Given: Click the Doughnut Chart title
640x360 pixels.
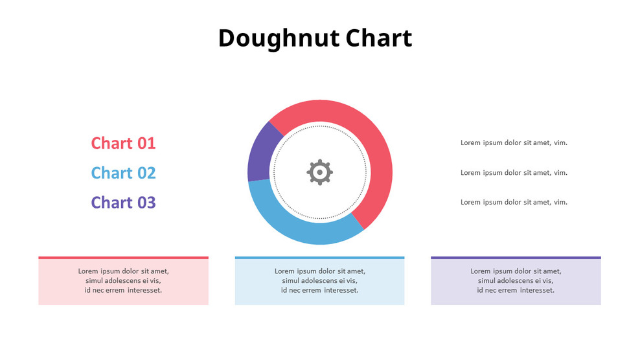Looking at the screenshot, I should (x=315, y=38).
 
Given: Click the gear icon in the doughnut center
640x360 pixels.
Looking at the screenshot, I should (x=319, y=172).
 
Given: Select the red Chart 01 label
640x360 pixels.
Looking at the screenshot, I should (x=123, y=143).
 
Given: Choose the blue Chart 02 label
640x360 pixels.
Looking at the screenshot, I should (x=123, y=173).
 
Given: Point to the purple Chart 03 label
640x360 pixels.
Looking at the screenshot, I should (x=123, y=203).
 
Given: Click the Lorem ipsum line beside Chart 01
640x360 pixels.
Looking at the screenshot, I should (x=514, y=142).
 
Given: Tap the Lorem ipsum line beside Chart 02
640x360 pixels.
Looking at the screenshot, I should (x=514, y=173).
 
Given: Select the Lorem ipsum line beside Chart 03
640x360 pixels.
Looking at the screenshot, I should (x=514, y=202).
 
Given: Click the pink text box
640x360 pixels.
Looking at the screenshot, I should (x=123, y=282).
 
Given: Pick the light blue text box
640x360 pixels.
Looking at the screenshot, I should (x=319, y=282).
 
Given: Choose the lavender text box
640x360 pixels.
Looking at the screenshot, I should (x=516, y=282).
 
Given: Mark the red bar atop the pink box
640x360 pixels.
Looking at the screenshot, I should (x=123, y=258).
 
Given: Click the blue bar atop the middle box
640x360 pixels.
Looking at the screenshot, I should (x=319, y=258).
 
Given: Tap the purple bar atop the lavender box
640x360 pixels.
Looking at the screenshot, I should (x=516, y=258).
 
